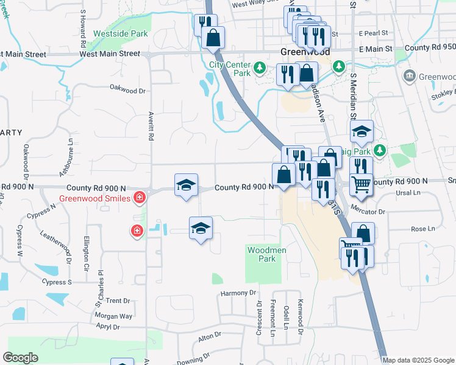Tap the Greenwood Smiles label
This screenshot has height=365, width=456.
pyautogui.click(x=94, y=198)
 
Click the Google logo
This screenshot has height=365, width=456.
pyautogui.click(x=20, y=358)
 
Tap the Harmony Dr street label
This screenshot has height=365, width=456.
pyautogui.click(x=238, y=293)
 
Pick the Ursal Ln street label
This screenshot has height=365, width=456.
pyautogui.click(x=408, y=193)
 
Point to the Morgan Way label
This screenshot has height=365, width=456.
pyautogui.click(x=113, y=316)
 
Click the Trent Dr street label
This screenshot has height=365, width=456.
pyautogui.click(x=118, y=301)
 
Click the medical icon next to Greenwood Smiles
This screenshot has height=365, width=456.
pyautogui.click(x=140, y=198)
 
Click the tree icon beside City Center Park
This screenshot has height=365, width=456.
pyautogui.click(x=260, y=66)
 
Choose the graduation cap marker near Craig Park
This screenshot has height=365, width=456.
pyautogui.click(x=362, y=130)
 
